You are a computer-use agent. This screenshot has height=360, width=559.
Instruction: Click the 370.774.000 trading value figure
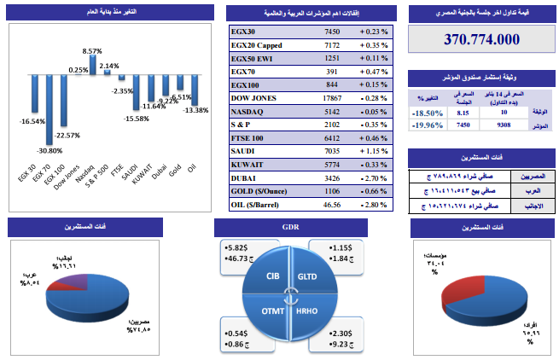coord(481,40)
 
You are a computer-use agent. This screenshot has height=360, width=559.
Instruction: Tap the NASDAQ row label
coord(249,111)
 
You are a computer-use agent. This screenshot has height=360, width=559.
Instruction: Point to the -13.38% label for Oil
coord(195,109)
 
